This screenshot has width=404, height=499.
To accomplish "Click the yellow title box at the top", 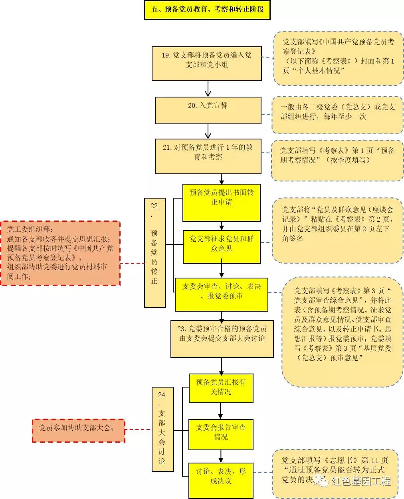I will pos(207,9).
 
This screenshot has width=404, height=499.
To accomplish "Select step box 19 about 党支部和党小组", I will pos(206,64).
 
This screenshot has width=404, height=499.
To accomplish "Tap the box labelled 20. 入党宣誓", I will pos(208,110).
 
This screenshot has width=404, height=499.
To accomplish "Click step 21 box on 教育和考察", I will pos(208,156).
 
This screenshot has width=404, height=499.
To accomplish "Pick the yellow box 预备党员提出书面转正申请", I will pos(222,202).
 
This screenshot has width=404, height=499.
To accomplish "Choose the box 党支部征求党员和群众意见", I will pos(222,247).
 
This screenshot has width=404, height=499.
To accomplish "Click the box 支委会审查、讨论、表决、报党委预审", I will pos(222,294).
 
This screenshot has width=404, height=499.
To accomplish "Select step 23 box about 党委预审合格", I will pos(222,338).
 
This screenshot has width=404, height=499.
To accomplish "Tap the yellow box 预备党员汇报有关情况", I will pos(221,388).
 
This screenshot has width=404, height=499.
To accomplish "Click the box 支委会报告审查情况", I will pos(221,434).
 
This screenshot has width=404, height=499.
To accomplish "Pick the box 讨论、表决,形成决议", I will pos(221,479).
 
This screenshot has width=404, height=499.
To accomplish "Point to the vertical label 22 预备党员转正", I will pos(154,252).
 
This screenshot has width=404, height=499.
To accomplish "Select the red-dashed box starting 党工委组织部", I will pos(60,253).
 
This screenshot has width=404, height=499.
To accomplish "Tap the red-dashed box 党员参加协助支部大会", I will pos(78,430).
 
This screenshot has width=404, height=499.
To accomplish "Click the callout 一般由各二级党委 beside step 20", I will pos(337,114).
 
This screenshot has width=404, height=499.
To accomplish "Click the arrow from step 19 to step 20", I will pos(208,88).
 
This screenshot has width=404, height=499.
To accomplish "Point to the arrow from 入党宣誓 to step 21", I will pos(208,131).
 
